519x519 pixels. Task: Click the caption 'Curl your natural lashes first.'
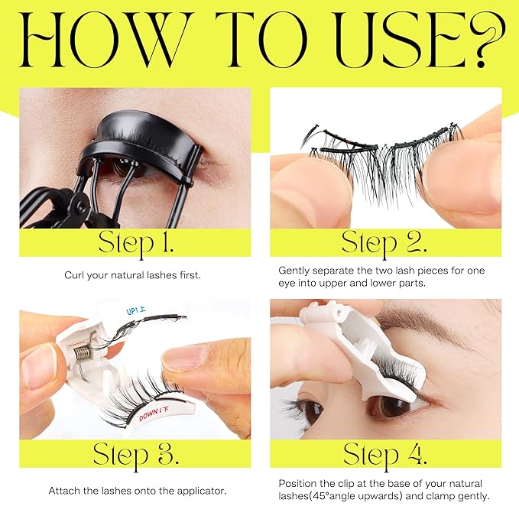click(135, 274)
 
